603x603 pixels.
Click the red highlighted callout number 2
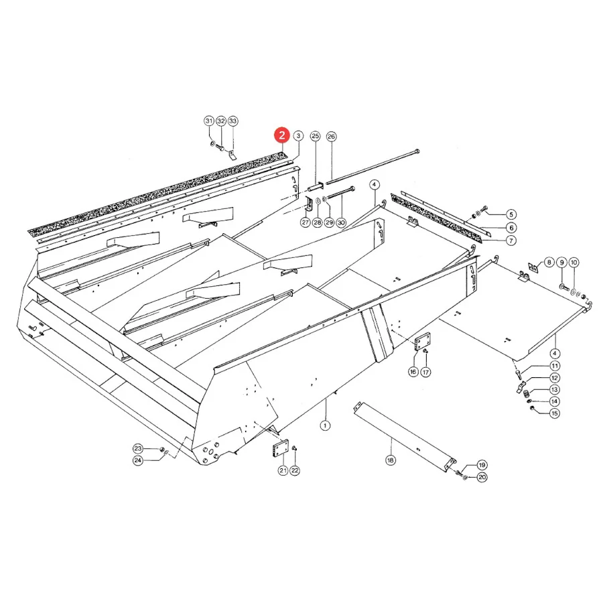coord(282,135)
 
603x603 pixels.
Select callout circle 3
coord(298,136)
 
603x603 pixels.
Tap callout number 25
coord(316,136)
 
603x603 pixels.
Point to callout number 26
coord(331,137)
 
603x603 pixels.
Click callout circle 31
coord(209,121)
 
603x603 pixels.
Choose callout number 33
coord(232,121)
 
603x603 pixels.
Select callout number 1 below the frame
coord(326,425)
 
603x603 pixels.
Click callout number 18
coord(391,460)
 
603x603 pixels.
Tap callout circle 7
coord(511,241)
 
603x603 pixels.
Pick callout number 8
coord(549,262)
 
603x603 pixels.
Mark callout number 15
coord(555,413)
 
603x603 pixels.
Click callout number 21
coord(283,470)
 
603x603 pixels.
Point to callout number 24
coord(138,460)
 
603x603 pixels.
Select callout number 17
coord(425,372)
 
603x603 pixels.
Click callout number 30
coord(341,222)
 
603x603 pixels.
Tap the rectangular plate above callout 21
coord(280,448)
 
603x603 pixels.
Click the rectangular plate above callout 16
coord(423,342)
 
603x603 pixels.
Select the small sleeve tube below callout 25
coord(316,188)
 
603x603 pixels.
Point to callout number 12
coord(555,378)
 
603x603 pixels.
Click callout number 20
coord(482,477)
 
